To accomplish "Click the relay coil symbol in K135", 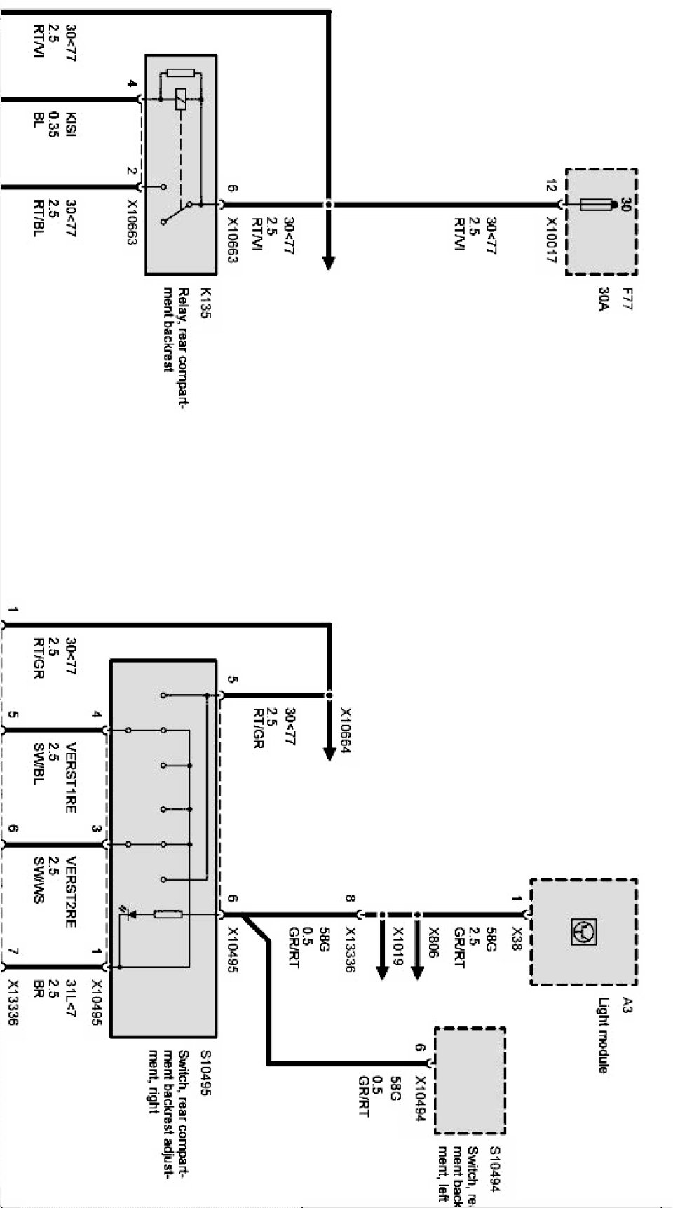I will (x=180, y=100).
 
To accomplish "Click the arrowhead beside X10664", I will (x=329, y=754).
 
